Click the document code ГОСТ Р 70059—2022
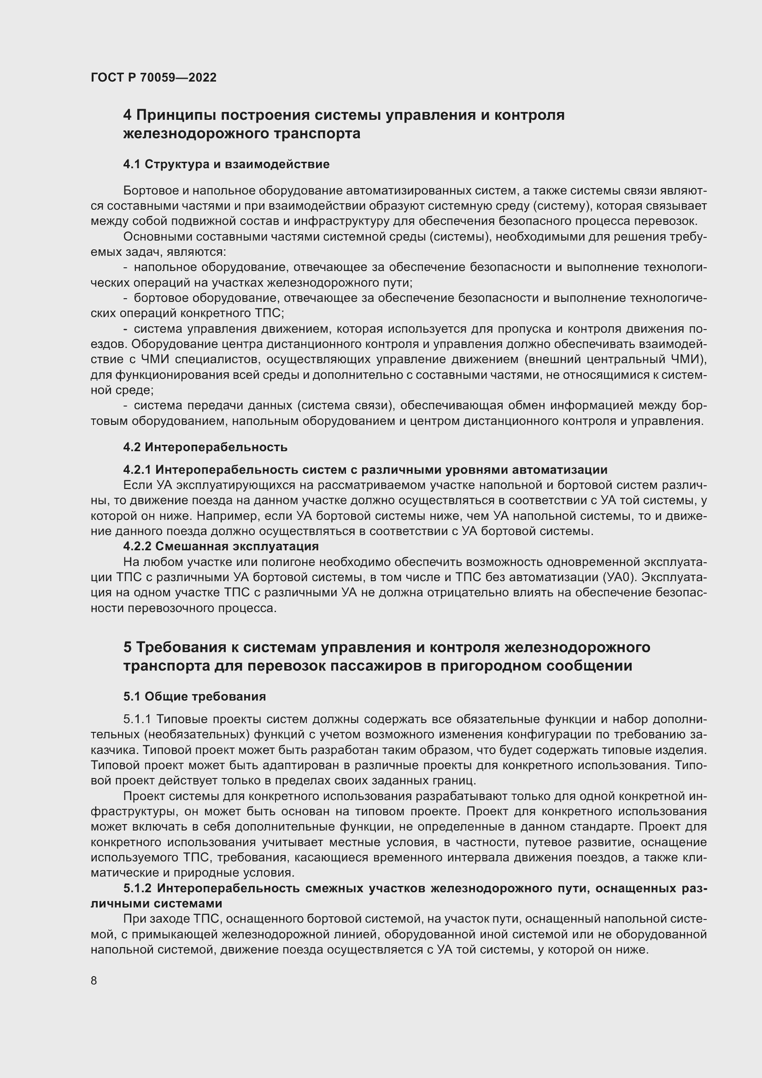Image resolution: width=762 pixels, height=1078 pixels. click(x=153, y=78)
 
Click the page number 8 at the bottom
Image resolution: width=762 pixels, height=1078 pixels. click(x=94, y=981)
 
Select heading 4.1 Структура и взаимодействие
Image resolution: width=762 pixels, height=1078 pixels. click(x=226, y=165)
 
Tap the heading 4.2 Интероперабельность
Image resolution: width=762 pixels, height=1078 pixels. click(x=205, y=448)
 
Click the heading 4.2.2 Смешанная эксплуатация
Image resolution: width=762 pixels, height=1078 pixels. click(x=221, y=547)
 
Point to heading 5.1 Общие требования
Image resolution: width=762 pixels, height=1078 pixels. click(x=194, y=697)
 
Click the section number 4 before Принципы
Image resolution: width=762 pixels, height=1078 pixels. click(x=127, y=115)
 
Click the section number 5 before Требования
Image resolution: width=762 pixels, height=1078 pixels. click(x=127, y=648)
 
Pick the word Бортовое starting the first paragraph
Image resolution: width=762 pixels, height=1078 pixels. click(x=149, y=191)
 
